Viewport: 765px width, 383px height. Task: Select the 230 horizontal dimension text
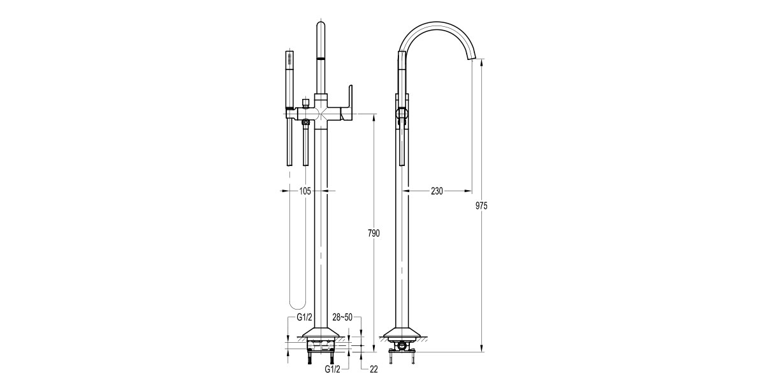pos(437,191)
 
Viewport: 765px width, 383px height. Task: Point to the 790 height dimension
pos(374,234)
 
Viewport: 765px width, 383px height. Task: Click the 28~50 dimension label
pos(343,317)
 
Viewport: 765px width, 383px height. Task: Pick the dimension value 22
pos(374,369)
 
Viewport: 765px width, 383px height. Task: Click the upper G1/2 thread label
pos(303,317)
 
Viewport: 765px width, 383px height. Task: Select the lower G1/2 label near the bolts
pos(333,369)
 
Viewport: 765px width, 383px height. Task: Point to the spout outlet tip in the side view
pos(472,59)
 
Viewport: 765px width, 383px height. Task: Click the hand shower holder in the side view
pos(402,114)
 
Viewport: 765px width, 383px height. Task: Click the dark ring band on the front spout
pos(321,59)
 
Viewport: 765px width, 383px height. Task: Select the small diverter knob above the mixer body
pos(306,101)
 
